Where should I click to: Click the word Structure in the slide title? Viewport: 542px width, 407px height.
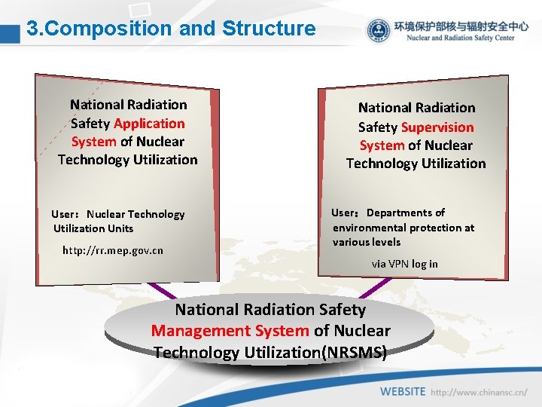pyautogui.click(x=269, y=29)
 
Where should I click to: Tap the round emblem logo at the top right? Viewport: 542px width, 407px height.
pyautogui.click(x=379, y=31)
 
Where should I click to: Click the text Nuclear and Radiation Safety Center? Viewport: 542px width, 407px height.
pyautogui.click(x=460, y=38)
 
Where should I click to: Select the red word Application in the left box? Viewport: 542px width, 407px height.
pyautogui.click(x=149, y=123)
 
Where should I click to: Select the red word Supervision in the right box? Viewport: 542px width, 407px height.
pyautogui.click(x=437, y=127)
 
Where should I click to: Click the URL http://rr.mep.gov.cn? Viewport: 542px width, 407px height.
pyautogui.click(x=113, y=250)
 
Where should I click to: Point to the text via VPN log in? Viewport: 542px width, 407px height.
pyautogui.click(x=404, y=264)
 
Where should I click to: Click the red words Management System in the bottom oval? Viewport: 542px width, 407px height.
pyautogui.click(x=230, y=330)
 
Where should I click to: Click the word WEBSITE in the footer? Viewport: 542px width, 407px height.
pyautogui.click(x=403, y=392)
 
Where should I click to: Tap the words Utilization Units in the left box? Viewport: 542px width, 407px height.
pyautogui.click(x=93, y=228)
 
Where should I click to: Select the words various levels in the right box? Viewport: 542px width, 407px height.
pyautogui.click(x=367, y=242)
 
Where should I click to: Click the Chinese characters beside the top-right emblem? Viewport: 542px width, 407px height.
pyautogui.click(x=460, y=25)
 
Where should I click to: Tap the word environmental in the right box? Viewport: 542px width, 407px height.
pyautogui.click(x=367, y=228)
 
